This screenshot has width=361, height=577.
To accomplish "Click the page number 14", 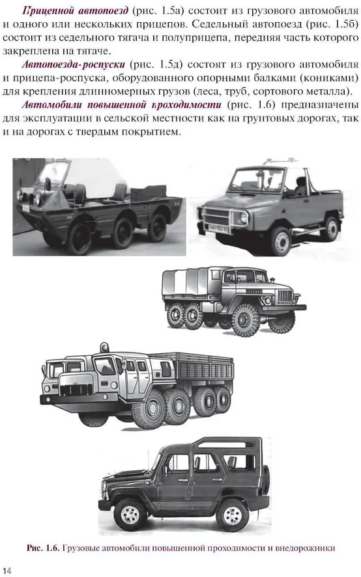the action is [7, 570].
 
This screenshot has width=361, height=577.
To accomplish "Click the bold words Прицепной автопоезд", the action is [76, 10].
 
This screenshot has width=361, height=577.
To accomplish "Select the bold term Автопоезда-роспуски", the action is [74, 65].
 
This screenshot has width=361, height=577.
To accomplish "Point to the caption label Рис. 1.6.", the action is [43, 548].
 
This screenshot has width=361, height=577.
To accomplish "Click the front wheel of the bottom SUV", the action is [130, 515].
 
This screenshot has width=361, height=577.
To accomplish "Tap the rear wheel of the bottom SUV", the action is [233, 515].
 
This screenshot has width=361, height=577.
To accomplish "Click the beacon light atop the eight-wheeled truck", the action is [104, 347].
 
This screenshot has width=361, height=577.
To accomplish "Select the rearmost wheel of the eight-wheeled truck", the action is [222, 399].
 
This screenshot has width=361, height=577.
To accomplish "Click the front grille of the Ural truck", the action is [285, 295].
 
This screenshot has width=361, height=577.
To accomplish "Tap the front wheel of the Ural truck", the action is [245, 320].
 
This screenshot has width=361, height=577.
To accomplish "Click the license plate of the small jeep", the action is [218, 229].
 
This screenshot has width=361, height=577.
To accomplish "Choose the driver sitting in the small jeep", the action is [299, 186].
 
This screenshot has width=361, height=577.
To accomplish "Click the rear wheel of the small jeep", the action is [330, 228].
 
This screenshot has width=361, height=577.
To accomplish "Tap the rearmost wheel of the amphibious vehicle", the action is [157, 228].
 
